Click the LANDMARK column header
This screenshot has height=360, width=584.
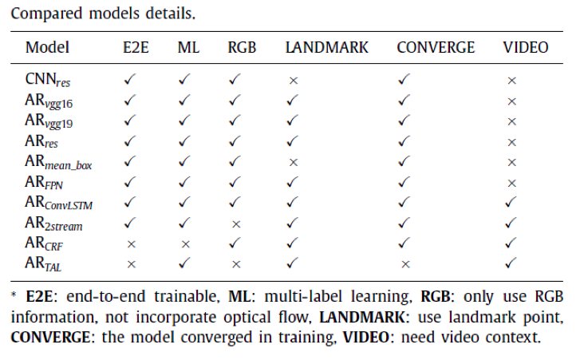coord(327,47)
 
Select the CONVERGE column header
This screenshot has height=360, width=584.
coord(436,47)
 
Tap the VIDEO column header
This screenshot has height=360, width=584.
coord(526,47)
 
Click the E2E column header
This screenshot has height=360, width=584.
coord(131,47)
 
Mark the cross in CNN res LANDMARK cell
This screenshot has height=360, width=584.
coord(293,81)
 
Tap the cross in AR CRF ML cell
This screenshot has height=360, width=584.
coord(184,243)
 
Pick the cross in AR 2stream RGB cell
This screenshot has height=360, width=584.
coord(235,224)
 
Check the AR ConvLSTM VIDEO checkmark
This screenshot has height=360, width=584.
coord(511,204)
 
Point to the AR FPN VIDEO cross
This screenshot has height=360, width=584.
coord(511,183)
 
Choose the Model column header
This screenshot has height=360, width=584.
coord(47,47)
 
